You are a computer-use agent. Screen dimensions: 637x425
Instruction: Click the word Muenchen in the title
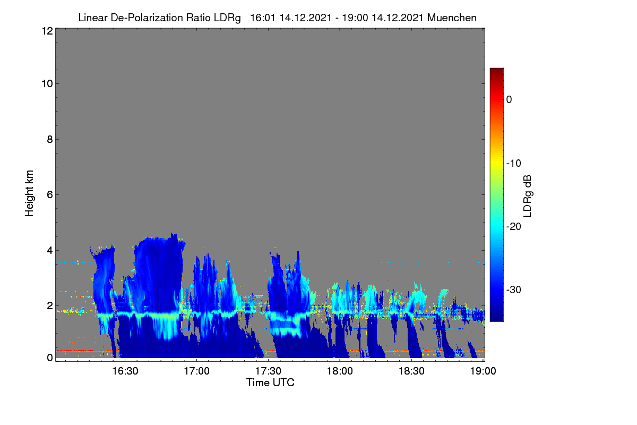tap(452, 18)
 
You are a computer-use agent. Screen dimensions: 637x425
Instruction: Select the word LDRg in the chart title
tap(227, 18)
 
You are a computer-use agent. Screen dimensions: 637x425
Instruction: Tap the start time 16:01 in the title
tap(262, 18)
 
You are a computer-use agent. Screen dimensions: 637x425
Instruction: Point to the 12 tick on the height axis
tap(47, 31)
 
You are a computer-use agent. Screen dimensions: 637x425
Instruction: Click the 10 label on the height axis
tap(47, 84)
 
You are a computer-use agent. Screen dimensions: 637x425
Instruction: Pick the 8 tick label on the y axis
tap(50, 139)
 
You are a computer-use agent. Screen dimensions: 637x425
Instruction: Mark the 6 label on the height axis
tap(50, 195)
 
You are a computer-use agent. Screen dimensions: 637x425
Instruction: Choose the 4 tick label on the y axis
tap(50, 250)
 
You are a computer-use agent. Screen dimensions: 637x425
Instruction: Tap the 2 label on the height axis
tap(50, 305)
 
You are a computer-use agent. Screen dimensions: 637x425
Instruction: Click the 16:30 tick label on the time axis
tap(125, 371)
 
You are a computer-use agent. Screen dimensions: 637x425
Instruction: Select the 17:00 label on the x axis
tap(196, 371)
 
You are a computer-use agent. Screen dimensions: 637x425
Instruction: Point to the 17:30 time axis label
tap(268, 371)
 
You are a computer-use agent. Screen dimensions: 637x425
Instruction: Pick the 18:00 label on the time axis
tap(340, 371)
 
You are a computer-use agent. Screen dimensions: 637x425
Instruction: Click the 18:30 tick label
tap(411, 371)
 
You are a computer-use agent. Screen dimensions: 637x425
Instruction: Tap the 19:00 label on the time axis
tap(483, 371)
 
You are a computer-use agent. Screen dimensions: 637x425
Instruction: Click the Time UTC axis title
tap(270, 382)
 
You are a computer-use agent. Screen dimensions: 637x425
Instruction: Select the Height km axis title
tap(29, 193)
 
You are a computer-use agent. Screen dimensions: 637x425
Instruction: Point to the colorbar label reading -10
tap(514, 164)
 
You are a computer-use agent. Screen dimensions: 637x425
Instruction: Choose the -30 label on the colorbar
tap(514, 290)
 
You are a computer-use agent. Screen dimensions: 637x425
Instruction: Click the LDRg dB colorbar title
tap(528, 196)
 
